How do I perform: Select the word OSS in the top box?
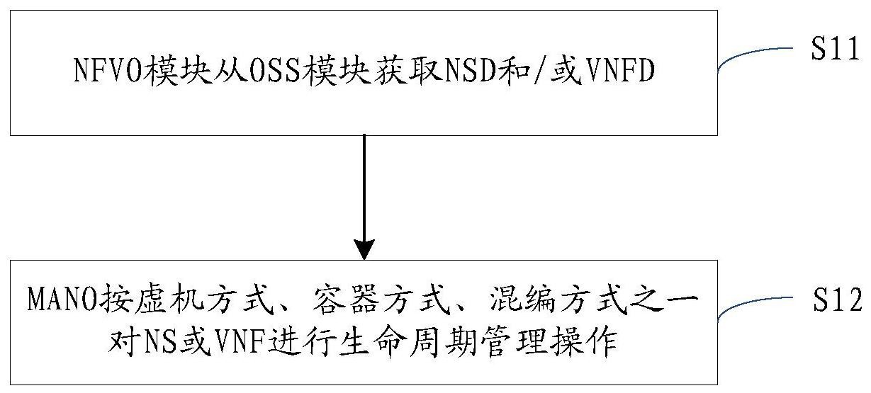tap(274, 70)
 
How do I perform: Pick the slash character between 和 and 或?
tap(541, 70)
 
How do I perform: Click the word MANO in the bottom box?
tap(62, 300)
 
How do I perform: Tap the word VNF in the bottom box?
tap(240, 343)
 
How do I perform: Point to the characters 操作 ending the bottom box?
tap(585, 343)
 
